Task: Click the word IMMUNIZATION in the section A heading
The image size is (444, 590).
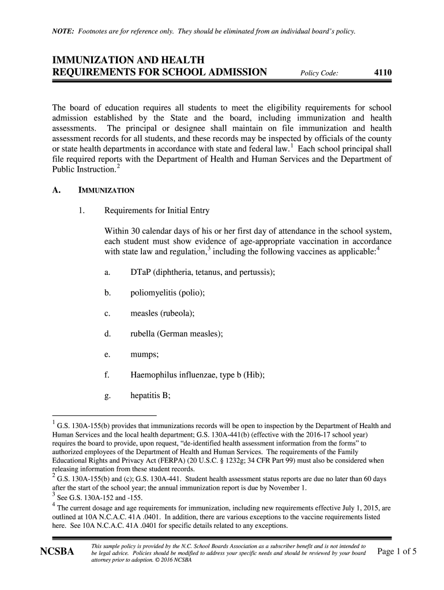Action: pos(107,190)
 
